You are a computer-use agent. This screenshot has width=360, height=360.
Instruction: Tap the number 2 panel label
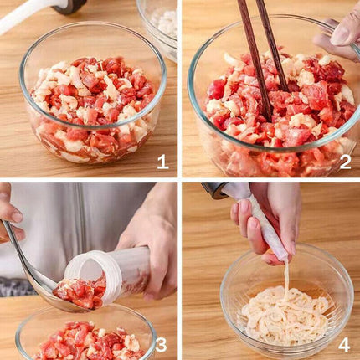coord(344,162)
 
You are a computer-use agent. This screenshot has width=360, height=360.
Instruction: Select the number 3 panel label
coord(162,343)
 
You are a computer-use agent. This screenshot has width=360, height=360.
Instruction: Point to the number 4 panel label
coord(343,343)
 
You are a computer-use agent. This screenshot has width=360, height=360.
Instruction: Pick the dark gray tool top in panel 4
coord(216,190)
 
